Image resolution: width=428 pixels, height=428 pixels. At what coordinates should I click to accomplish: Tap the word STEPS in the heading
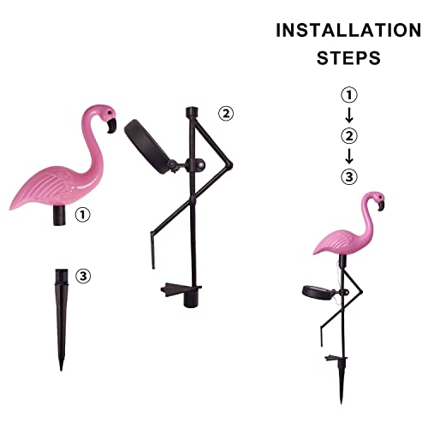[x=348, y=59]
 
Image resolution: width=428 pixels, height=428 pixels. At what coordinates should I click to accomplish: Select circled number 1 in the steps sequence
[x=348, y=94]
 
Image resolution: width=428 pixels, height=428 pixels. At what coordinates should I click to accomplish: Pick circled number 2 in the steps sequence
[x=348, y=134]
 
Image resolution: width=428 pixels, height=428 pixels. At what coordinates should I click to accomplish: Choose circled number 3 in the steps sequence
[x=348, y=176]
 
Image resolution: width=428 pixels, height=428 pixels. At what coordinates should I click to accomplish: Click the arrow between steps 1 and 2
[x=348, y=115]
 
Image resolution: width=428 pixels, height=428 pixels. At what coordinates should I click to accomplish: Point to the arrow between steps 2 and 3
[x=348, y=156]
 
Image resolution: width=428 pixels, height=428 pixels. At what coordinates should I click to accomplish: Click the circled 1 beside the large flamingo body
[x=82, y=216]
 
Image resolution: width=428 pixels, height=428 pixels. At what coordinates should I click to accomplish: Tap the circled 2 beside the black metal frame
[x=225, y=112]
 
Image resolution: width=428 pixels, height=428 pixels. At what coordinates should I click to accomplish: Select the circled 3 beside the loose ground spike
[x=82, y=276]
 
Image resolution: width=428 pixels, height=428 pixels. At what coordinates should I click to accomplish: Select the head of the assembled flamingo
[x=374, y=202]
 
